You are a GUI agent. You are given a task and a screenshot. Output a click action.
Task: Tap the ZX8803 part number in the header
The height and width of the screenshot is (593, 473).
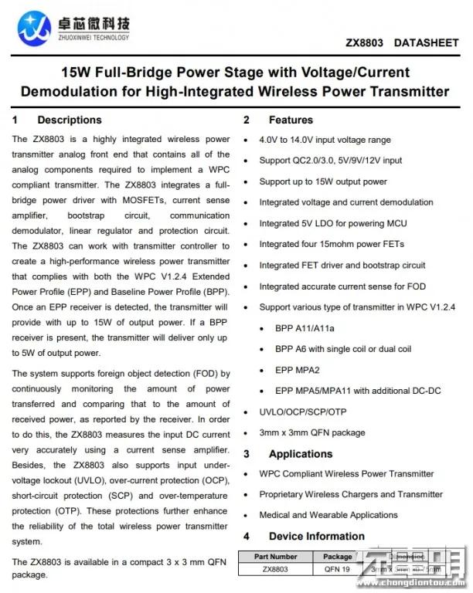pyautogui.click(x=365, y=43)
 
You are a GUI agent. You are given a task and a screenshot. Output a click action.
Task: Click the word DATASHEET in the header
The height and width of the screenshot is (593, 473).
pyautogui.click(x=426, y=43)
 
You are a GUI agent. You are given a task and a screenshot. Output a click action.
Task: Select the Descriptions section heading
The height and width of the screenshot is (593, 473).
pyautogui.click(x=69, y=120)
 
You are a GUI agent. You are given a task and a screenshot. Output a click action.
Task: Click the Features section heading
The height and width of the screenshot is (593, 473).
pyautogui.click(x=291, y=120)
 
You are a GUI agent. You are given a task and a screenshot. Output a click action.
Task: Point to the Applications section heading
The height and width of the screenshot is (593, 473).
pyautogui.click(x=300, y=454)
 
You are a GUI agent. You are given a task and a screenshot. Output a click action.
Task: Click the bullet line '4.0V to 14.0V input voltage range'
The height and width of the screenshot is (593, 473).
pyautogui.click(x=325, y=140)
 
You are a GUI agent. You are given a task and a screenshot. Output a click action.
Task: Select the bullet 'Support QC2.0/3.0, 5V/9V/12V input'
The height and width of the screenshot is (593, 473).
pyautogui.click(x=331, y=161)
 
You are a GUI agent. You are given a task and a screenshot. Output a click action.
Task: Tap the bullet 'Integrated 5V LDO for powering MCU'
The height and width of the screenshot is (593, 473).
pyautogui.click(x=333, y=223)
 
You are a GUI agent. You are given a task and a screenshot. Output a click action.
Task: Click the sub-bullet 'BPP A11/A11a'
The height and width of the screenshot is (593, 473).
pyautogui.click(x=305, y=327)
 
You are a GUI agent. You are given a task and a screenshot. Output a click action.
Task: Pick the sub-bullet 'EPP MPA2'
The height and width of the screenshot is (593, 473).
pyautogui.click(x=297, y=370)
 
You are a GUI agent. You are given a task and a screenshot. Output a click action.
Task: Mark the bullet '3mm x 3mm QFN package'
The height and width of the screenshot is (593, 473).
pyautogui.click(x=312, y=432)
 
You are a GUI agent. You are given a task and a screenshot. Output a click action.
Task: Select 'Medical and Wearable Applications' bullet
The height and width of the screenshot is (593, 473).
pyautogui.click(x=328, y=515)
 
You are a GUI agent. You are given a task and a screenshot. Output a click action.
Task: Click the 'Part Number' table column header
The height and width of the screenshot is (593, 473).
pyautogui.click(x=274, y=556)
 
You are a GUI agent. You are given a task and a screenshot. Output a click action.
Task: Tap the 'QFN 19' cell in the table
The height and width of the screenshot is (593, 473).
pyautogui.click(x=338, y=569)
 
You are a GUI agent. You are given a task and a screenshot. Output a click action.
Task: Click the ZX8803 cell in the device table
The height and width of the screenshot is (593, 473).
pyautogui.click(x=274, y=569)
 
